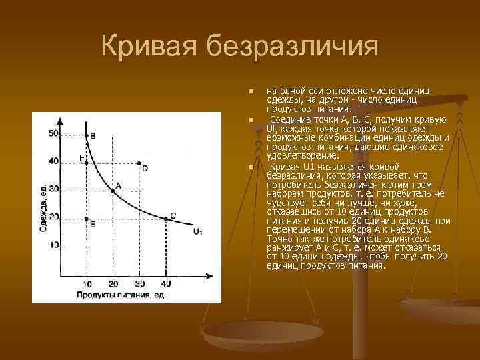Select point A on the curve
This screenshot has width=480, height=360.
[x=112, y=191]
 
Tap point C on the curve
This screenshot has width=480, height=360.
[x=165, y=217]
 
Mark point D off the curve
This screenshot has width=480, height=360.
[x=139, y=163]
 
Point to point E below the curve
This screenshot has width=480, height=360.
[x=87, y=218]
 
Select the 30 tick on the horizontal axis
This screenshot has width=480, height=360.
[x=139, y=283]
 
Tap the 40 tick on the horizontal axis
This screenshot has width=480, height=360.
[x=165, y=283]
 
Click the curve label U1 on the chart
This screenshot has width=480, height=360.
[x=197, y=231]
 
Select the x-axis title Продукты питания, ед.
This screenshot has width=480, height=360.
[x=120, y=294]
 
